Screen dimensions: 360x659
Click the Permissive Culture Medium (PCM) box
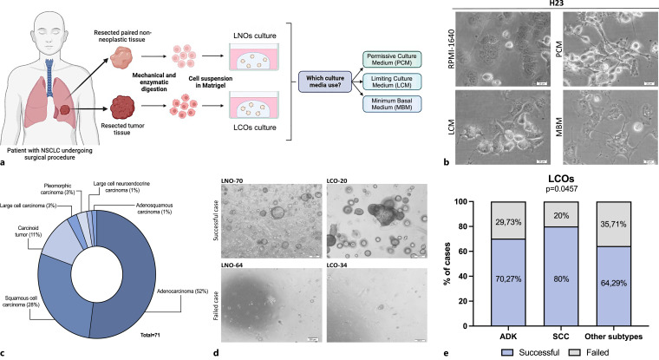pyautogui.click(x=395, y=60)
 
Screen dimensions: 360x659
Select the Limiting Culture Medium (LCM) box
pyautogui.click(x=395, y=82)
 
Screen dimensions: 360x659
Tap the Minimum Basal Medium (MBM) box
pyautogui.click(x=395, y=105)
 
